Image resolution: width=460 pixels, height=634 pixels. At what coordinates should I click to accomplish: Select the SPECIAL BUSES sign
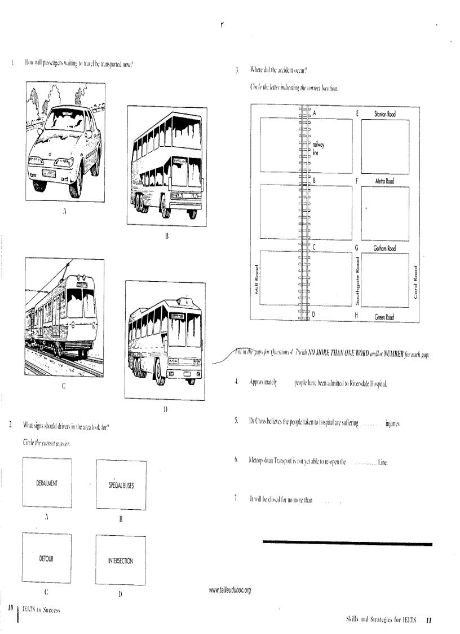click(x=121, y=485)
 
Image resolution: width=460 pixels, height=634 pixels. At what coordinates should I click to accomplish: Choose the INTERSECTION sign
click(x=121, y=561)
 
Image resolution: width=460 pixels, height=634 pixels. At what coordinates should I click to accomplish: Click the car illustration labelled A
click(x=64, y=141)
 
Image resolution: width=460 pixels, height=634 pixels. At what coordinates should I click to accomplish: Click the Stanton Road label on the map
click(x=385, y=114)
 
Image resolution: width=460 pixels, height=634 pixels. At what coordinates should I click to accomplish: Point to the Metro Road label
click(x=384, y=181)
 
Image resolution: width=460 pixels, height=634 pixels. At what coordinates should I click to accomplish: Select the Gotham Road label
click(x=384, y=248)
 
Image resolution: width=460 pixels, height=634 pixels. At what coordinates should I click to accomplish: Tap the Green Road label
click(x=384, y=317)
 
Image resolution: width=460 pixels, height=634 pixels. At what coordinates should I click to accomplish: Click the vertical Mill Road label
click(x=256, y=280)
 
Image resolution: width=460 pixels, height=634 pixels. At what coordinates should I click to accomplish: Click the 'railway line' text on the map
click(x=319, y=148)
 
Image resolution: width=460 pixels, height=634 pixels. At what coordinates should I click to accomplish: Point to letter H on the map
click(x=357, y=315)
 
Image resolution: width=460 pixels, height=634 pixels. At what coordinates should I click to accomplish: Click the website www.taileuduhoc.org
click(x=229, y=590)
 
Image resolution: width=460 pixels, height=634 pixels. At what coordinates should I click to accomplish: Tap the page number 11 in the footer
click(x=428, y=620)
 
